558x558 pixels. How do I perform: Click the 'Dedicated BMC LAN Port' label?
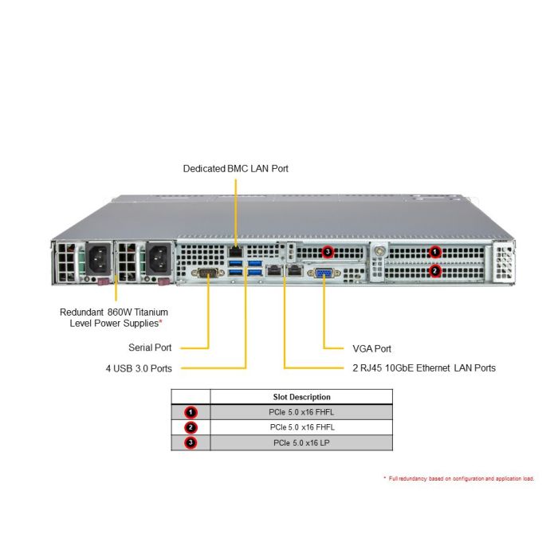coord(236,168)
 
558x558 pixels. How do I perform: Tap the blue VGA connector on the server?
coord(324,273)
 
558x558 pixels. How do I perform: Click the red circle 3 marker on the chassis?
coord(328,252)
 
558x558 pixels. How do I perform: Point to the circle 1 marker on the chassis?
coord(434,252)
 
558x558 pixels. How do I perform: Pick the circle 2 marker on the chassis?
coord(434,271)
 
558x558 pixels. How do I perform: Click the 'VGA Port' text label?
coord(372,349)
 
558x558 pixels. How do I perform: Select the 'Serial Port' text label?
coord(150,348)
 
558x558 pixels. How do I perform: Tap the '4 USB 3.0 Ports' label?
coord(139,368)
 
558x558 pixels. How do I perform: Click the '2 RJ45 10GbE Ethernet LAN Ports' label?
coord(424,368)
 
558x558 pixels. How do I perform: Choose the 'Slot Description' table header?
coord(302,397)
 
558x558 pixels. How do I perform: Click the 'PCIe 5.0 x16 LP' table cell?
coord(302,442)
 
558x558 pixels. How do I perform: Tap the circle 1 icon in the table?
coord(191,412)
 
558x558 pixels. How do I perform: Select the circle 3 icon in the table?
coord(191,442)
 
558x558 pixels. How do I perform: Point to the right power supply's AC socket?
coord(159,259)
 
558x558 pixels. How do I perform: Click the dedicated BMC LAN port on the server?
coord(235,252)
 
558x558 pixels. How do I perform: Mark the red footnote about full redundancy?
coord(459,478)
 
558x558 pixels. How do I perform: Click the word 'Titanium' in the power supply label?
coord(151,312)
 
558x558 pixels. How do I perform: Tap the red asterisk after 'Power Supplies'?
coord(160,321)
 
